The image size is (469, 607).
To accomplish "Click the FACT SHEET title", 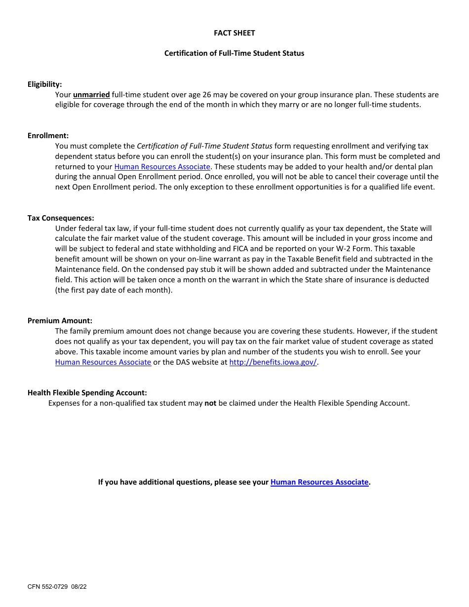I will tap(234, 33).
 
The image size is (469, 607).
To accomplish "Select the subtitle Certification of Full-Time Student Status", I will tap(234, 53).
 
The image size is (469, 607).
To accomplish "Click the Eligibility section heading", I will tap(44, 84).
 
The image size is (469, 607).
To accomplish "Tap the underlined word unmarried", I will tap(91, 95).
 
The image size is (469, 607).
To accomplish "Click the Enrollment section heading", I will tap(48, 136).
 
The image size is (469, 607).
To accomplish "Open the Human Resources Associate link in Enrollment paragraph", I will tap(162, 167).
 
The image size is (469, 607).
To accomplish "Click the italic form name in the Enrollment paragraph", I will tap(204, 146).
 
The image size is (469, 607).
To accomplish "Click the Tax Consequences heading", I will tap(61, 218).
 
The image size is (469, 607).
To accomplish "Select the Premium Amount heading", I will tap(60, 321).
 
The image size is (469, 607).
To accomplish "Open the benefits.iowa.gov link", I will tap(273, 362).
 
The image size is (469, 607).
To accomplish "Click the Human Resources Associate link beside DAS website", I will tap(103, 362).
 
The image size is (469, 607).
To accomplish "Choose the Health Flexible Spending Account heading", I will tap(87, 393).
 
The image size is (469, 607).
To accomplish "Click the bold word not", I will tap(210, 403).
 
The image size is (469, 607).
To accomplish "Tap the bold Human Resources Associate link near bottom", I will tap(319, 482).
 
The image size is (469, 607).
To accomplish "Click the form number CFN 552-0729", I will tap(48, 587).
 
